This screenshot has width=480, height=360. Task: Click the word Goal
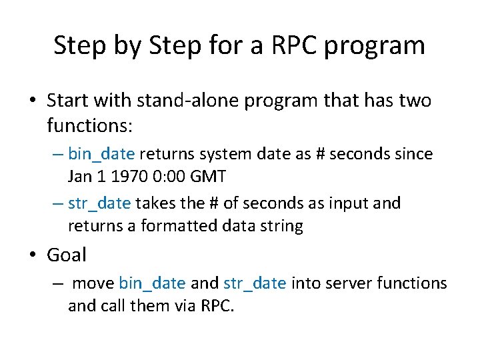pyautogui.click(x=67, y=255)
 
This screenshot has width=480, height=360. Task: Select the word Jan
pyautogui.click(x=81, y=176)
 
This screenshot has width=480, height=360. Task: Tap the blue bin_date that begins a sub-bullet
pyautogui.click(x=101, y=154)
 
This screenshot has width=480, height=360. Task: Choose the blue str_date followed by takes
pyautogui.click(x=100, y=203)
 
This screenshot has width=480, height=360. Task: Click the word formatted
pyautogui.click(x=179, y=225)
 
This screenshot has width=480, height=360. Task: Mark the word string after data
pyautogui.click(x=282, y=225)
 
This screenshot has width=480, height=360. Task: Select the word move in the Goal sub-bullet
pyautogui.click(x=93, y=283)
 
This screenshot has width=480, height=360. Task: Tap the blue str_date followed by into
pyautogui.click(x=255, y=283)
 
